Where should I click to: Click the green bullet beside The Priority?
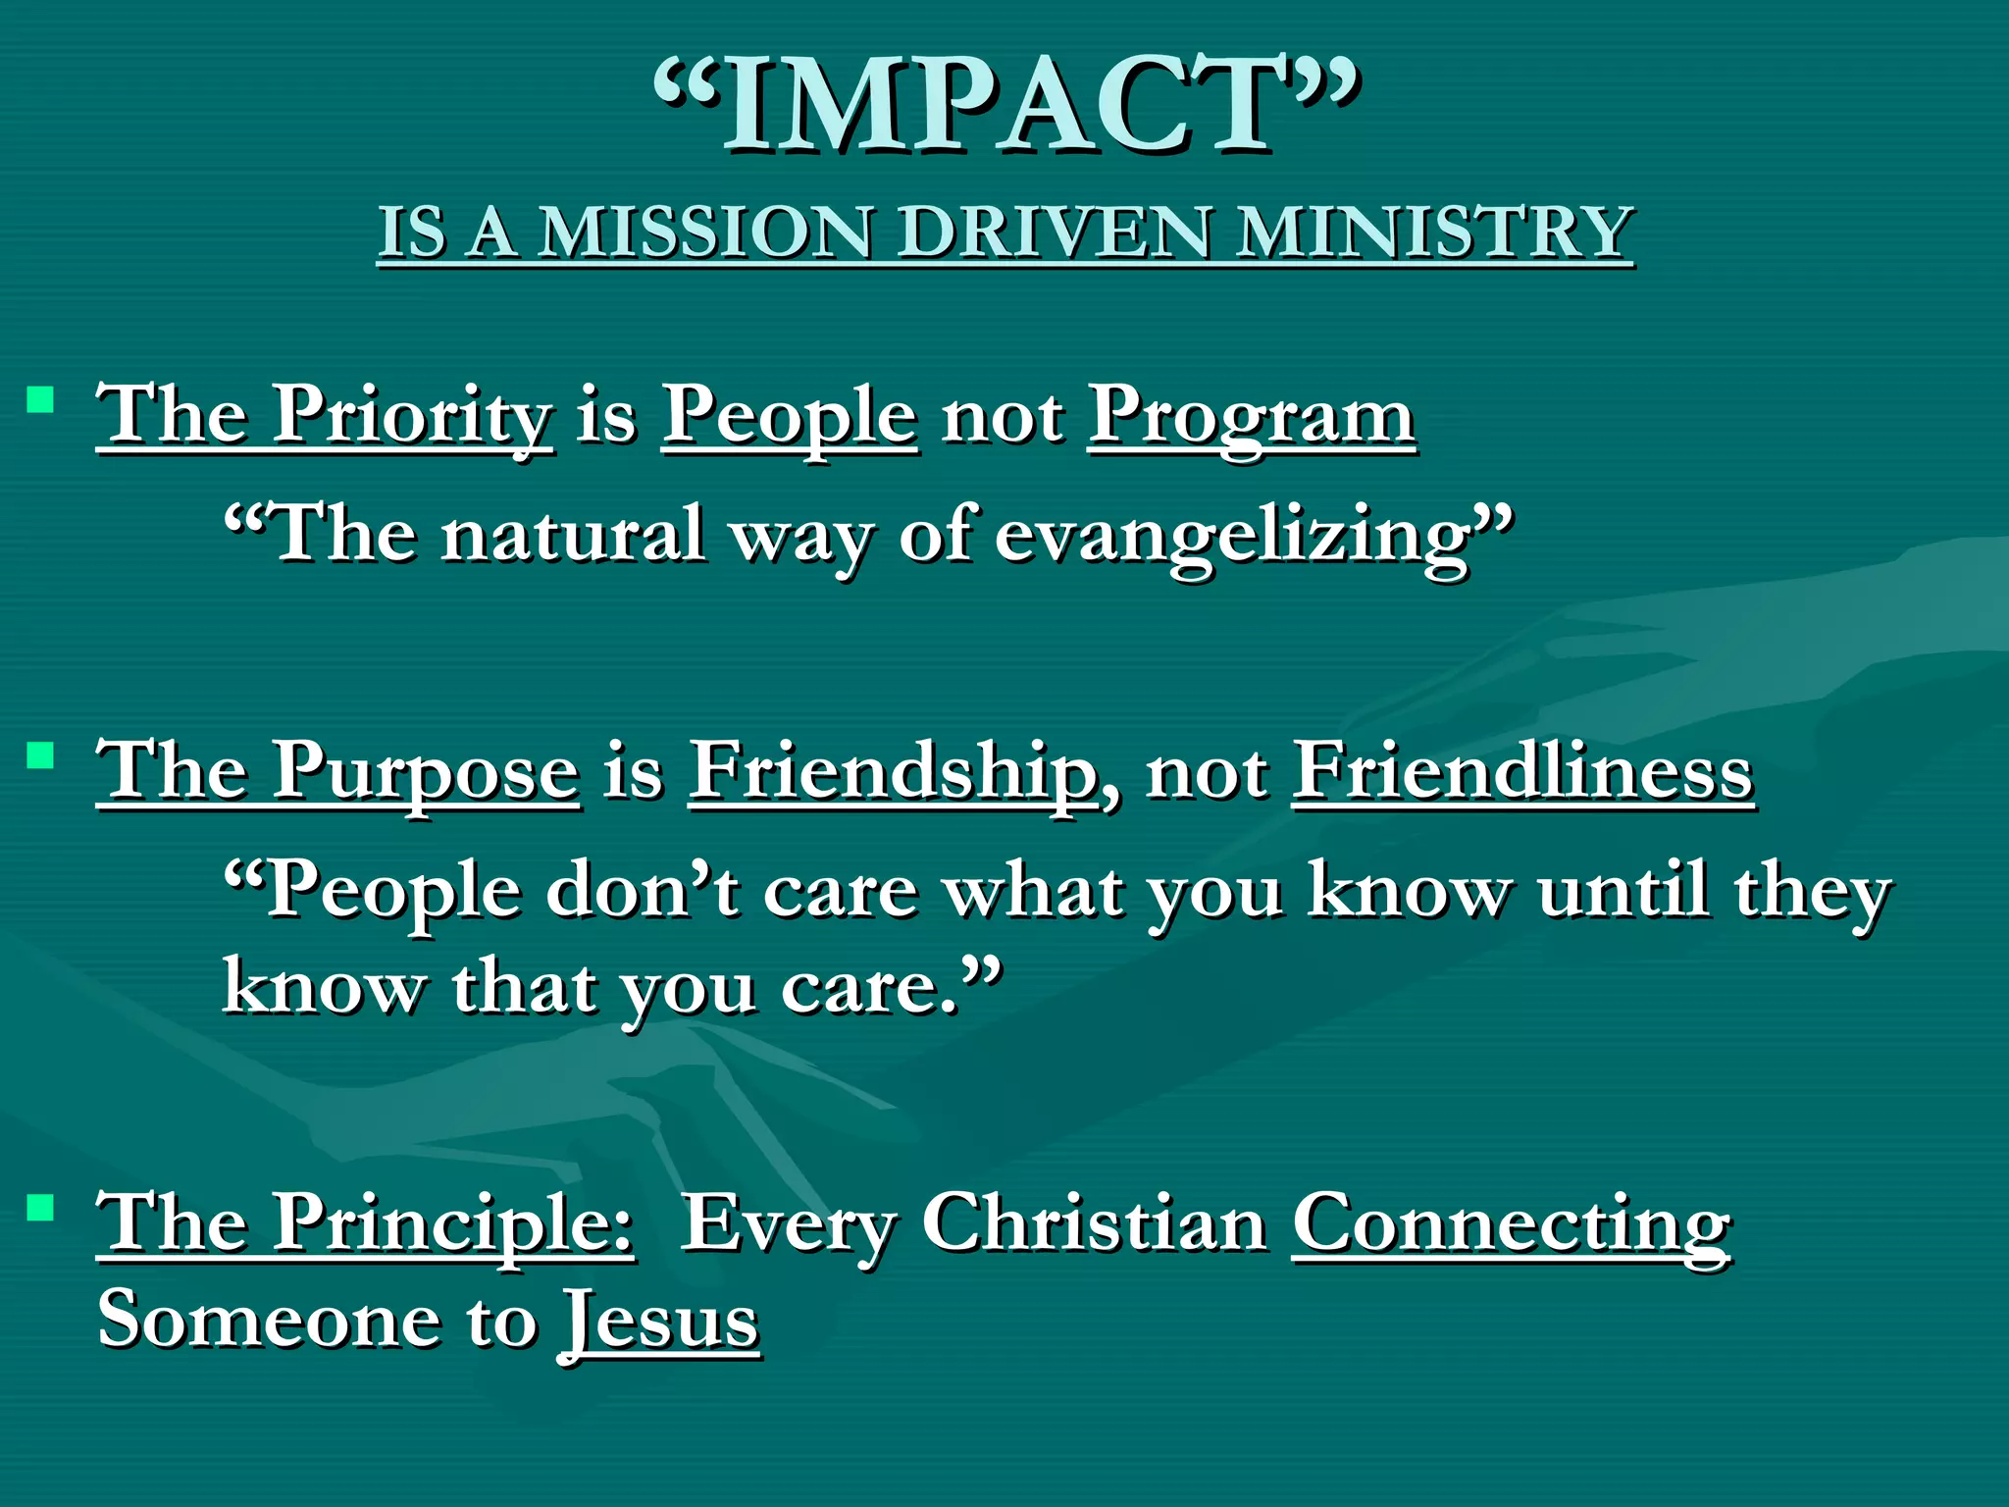pyautogui.click(x=40, y=399)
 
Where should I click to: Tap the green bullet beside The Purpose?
pyautogui.click(x=40, y=755)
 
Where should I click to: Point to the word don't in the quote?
pyautogui.click(x=643, y=891)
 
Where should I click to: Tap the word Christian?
pyautogui.click(x=1095, y=1224)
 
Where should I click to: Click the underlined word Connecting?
pyautogui.click(x=1512, y=1224)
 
